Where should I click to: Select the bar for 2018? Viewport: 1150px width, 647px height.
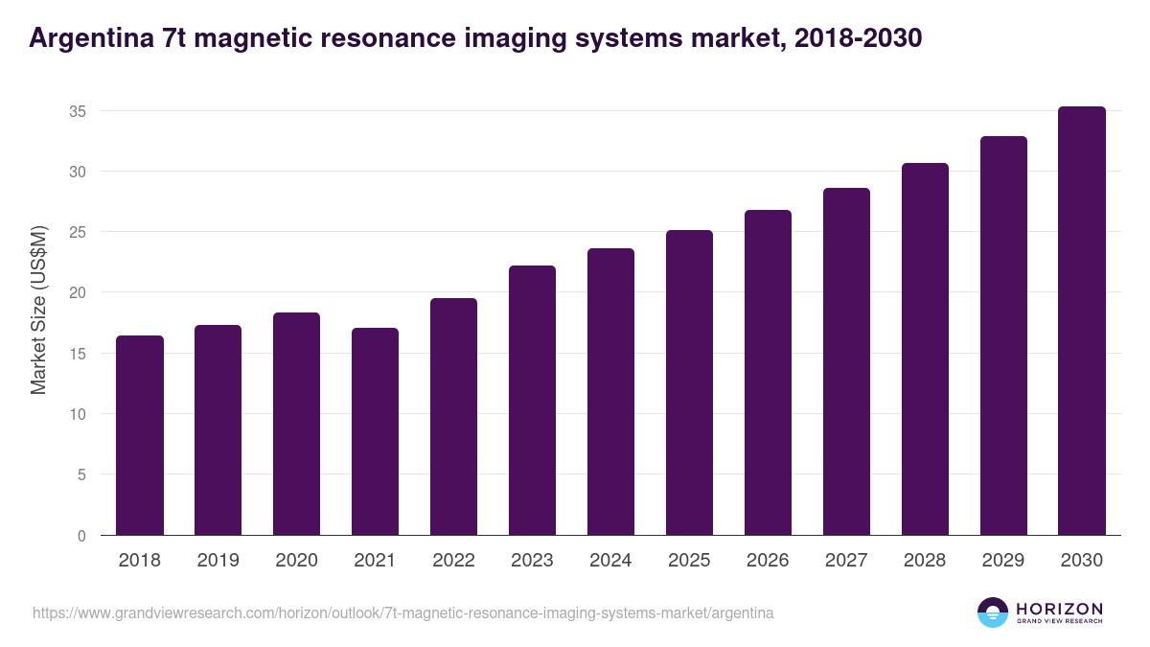(x=140, y=435)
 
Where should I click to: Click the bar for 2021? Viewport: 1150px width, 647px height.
(x=375, y=431)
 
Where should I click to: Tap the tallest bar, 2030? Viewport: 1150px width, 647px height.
(x=1082, y=321)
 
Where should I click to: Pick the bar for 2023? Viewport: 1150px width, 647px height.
(x=532, y=401)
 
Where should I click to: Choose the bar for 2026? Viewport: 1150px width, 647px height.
(x=768, y=373)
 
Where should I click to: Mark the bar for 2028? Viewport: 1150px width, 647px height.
(x=925, y=349)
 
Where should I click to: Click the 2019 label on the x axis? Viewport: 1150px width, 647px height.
(x=218, y=561)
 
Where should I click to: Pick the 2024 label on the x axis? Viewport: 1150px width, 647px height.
(x=610, y=561)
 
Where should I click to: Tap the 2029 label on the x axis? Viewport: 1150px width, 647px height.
(x=1003, y=561)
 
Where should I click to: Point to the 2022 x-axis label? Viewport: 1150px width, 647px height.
(x=453, y=561)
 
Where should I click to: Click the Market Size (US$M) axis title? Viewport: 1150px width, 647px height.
(x=39, y=310)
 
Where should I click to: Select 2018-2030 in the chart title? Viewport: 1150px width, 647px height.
(x=857, y=38)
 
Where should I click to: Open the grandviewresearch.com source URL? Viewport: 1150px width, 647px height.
(x=402, y=612)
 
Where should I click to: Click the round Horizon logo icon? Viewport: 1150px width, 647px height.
(x=992, y=612)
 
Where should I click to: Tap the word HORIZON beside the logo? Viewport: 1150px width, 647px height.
(x=1059, y=608)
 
